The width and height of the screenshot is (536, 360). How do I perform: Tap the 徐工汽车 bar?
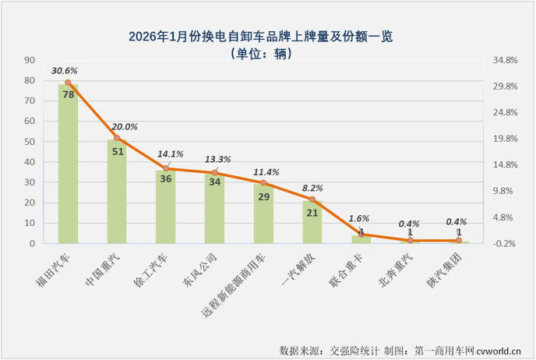(165, 210)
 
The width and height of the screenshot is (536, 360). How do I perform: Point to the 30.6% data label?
(65, 70)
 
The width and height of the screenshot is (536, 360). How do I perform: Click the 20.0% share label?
(125, 127)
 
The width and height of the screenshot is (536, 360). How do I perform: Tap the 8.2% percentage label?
(312, 188)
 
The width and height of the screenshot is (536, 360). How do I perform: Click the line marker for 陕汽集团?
(459, 241)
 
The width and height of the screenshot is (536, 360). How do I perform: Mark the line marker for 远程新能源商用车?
(263, 183)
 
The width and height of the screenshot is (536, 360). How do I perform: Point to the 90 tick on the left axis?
(29, 60)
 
